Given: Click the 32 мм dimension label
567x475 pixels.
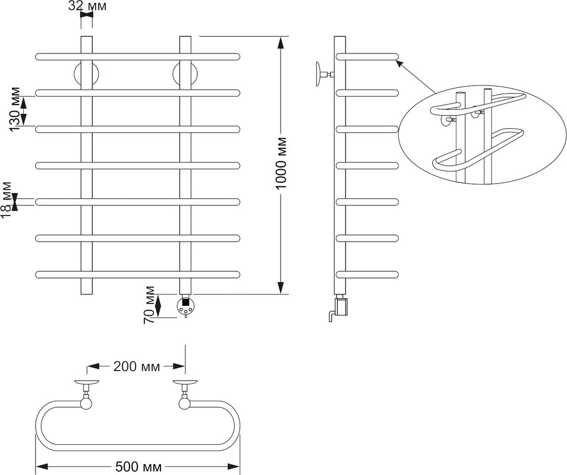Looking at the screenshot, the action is pos(87,6).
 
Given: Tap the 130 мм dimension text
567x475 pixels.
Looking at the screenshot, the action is pos(15,109).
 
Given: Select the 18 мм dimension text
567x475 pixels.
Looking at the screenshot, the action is pos(6,200).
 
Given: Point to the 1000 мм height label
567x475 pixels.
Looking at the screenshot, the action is pos(281,163).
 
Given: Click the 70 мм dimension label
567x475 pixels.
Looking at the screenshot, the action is pos(149,305).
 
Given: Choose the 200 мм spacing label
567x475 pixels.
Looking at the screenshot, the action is pos(136,366).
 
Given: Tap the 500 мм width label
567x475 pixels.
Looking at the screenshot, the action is pos(138,467).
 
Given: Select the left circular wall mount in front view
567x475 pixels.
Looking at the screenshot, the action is pos(86,74).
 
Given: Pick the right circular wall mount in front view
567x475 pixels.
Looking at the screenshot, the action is pos(185,74).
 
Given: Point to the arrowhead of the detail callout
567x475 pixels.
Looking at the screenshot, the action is pos(399,64).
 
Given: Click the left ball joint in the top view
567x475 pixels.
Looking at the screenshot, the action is pos(86,403).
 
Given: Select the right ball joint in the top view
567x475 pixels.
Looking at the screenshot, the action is pos(185,403).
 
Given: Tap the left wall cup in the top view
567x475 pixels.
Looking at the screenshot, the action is pos(86,382).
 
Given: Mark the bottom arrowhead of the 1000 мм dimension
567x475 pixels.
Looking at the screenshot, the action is pos(281,287).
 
